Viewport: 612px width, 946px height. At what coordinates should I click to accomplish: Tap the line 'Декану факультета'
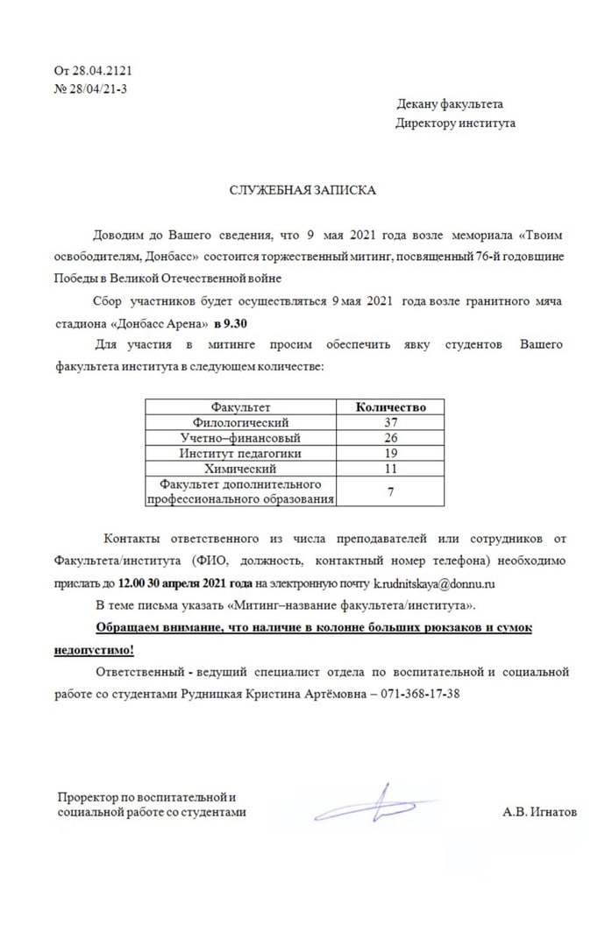tap(449, 104)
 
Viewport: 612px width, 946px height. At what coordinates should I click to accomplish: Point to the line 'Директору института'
tap(455, 123)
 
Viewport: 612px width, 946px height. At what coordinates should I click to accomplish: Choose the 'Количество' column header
tap(390, 407)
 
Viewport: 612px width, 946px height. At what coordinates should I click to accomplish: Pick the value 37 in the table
tap(390, 422)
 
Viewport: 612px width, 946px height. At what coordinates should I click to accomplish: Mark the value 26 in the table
tap(390, 437)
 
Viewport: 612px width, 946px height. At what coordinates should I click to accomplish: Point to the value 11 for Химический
tap(390, 469)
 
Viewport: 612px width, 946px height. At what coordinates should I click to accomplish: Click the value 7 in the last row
tap(390, 491)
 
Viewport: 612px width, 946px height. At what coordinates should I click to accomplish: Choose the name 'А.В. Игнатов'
tap(540, 812)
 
